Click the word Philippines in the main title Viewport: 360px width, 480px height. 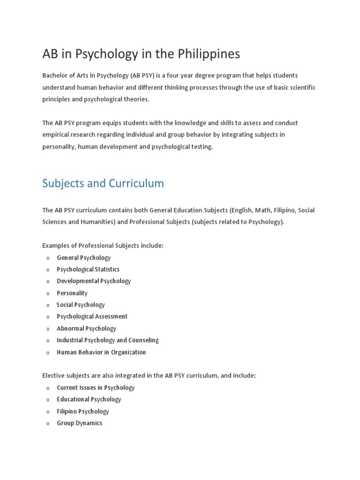(209, 54)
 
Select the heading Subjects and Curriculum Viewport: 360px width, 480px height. (103, 183)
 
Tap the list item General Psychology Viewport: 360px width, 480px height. (84, 258)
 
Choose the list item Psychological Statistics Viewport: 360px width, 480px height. (88, 270)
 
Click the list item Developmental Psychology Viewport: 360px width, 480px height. (94, 281)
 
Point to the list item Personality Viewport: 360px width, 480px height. (72, 293)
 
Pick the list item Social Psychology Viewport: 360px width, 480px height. (81, 305)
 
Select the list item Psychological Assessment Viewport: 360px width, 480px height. (92, 316)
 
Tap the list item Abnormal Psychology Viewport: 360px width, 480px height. (86, 329)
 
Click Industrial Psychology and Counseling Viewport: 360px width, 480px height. (108, 340)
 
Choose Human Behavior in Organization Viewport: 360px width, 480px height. (101, 352)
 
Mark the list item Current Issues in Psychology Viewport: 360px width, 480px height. (96, 388)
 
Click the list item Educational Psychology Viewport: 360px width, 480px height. (89, 399)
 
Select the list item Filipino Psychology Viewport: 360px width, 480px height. (83, 412)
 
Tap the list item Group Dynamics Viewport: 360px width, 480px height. (80, 423)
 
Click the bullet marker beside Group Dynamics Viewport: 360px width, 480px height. (48, 424)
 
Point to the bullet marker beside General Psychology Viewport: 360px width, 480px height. (48, 258)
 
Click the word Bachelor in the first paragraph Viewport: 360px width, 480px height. (55, 75)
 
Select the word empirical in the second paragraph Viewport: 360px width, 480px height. (56, 135)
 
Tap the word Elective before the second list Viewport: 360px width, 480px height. (53, 376)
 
